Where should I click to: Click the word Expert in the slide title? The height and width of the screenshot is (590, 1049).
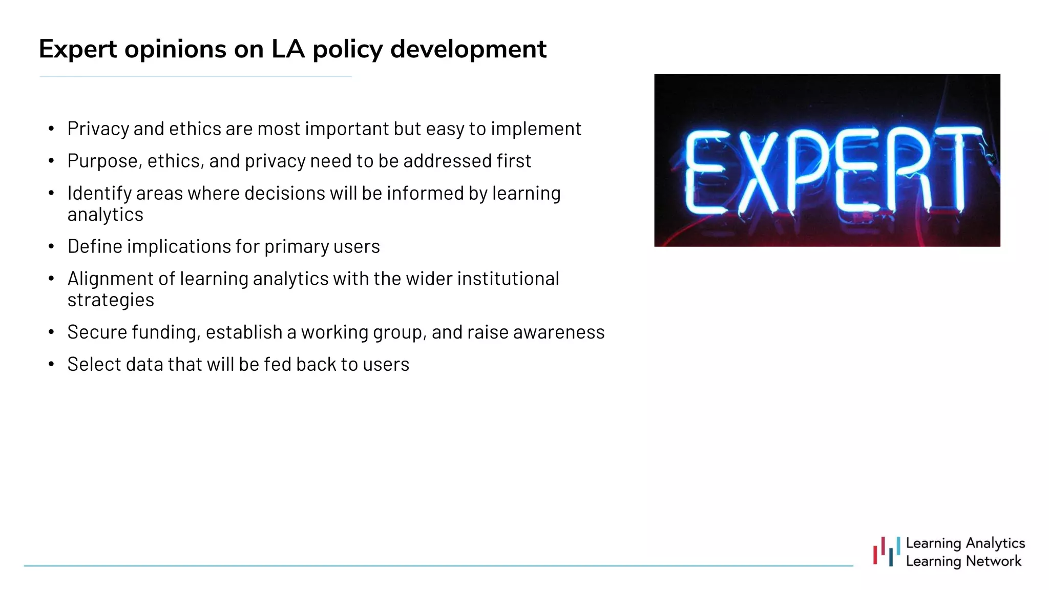pos(78,50)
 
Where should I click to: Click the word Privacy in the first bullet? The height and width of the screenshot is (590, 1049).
pos(98,129)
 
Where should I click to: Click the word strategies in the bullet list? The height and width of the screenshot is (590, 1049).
pos(111,300)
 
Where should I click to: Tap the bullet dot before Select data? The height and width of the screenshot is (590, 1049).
pos(51,364)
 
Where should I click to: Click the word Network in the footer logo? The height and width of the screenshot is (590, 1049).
pos(993,561)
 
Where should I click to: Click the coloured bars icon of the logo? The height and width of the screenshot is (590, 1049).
pos(887,552)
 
